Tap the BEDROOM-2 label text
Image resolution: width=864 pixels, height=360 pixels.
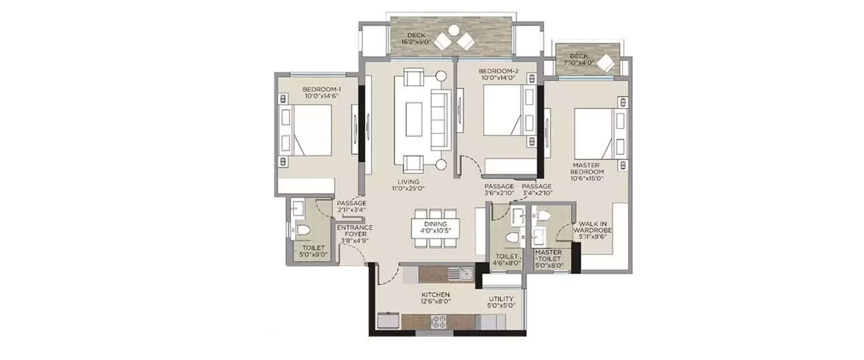tap(499, 75)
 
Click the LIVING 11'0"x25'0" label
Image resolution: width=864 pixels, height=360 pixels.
tap(408, 185)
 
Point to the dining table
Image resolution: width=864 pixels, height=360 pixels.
tap(436, 228)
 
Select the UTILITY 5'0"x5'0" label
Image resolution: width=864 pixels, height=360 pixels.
tap(501, 302)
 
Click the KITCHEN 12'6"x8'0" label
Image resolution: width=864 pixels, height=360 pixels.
tap(435, 298)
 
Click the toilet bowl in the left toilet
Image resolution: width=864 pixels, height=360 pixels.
tap(304, 231)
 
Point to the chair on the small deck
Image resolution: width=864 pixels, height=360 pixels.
tap(607, 63)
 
